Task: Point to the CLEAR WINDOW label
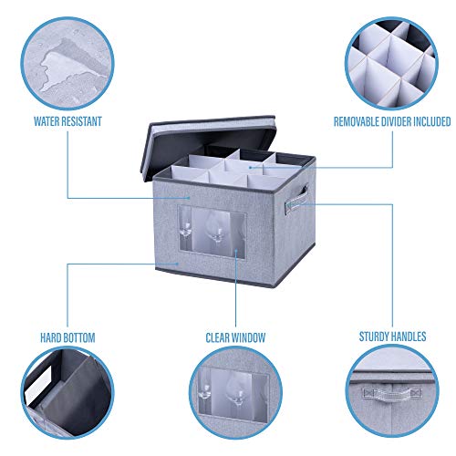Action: pyautogui.click(x=234, y=337)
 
